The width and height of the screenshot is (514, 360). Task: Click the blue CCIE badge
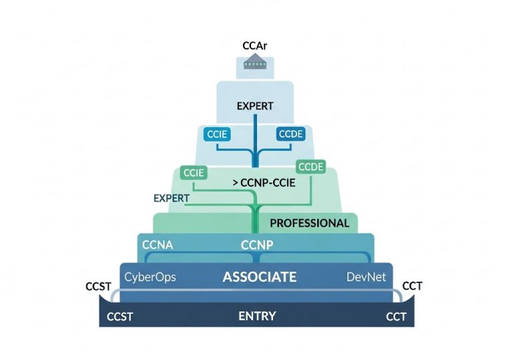(x=218, y=134)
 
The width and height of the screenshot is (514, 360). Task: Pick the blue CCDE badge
(x=290, y=134)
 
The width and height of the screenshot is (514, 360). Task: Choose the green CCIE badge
(x=192, y=173)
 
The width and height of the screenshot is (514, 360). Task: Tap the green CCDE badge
(x=311, y=167)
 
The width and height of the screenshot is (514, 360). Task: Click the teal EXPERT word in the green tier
(x=171, y=198)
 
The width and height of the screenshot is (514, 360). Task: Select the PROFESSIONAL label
(x=309, y=223)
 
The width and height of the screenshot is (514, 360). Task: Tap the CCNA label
(x=158, y=245)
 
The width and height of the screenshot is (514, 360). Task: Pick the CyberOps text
(x=150, y=276)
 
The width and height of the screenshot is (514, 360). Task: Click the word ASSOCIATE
(x=259, y=276)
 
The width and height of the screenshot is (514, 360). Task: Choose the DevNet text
(x=366, y=276)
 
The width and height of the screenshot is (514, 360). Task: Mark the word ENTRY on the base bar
(x=257, y=316)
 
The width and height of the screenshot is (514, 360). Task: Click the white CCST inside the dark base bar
(x=120, y=317)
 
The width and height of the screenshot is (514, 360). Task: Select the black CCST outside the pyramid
(x=99, y=287)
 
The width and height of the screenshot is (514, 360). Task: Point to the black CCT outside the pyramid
(x=413, y=287)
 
